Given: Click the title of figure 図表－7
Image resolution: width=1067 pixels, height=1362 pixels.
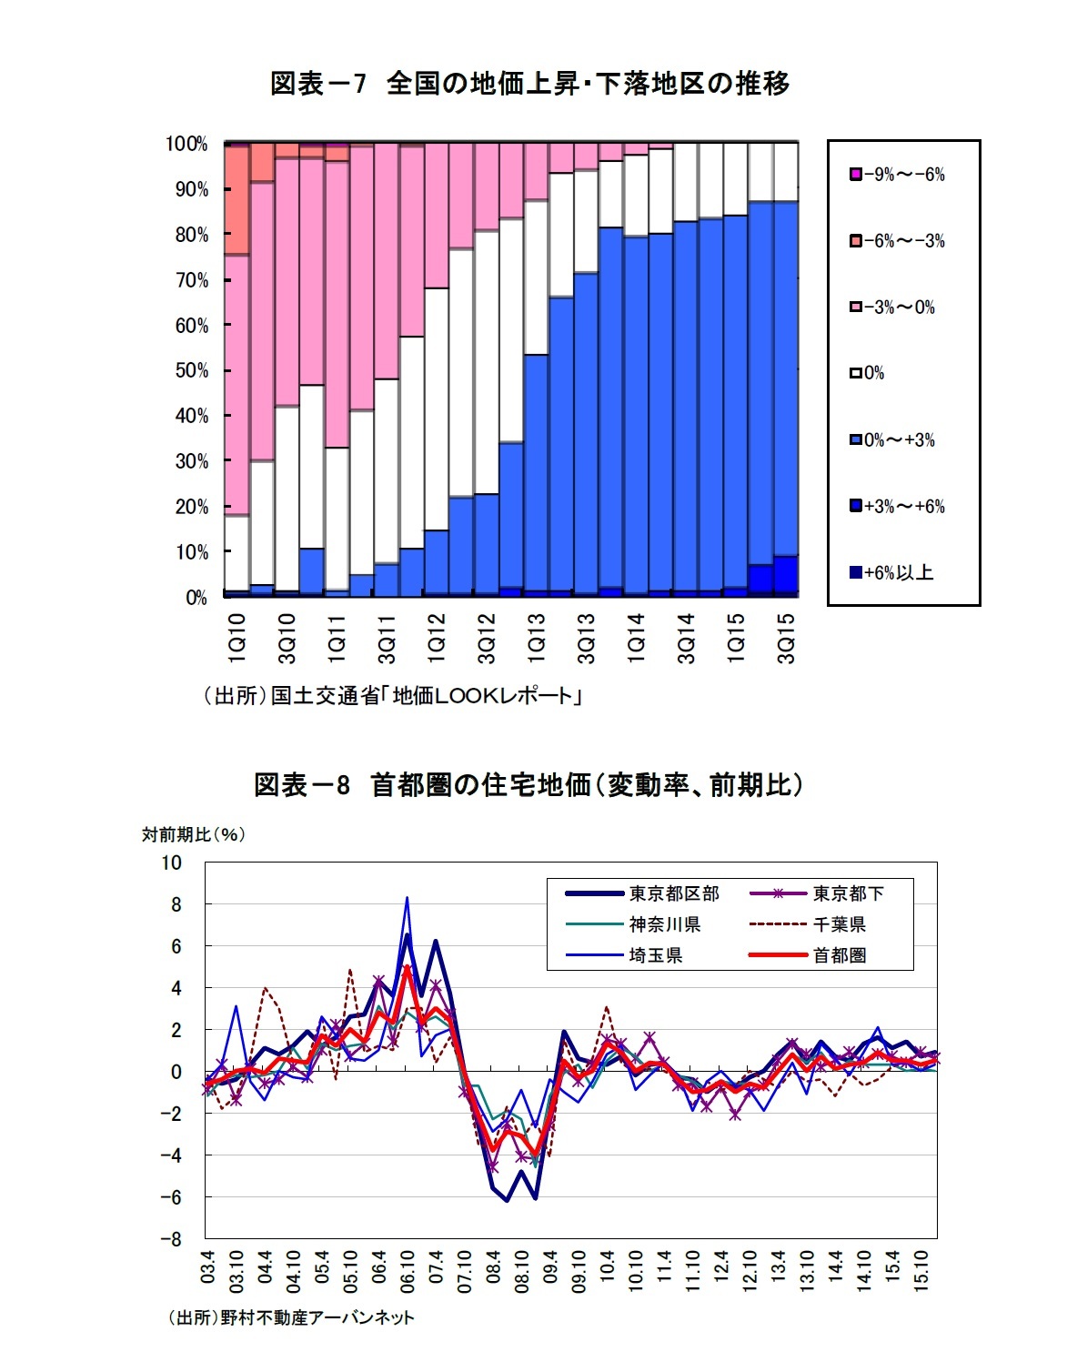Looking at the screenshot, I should pos(529,84).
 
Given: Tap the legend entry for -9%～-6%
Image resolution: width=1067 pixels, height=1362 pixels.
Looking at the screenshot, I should pos(897,175).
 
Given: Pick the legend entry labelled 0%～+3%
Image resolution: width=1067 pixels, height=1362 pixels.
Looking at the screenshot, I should pos(892,440).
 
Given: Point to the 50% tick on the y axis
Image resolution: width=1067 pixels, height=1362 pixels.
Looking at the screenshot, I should pos(192,371).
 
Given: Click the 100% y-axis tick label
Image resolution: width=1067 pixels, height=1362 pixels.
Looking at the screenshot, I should pos(186,144).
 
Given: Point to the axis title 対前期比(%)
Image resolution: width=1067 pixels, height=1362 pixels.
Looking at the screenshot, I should pos(193,834).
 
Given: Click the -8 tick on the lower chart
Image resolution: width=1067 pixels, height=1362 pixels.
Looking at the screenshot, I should pos(171,1239).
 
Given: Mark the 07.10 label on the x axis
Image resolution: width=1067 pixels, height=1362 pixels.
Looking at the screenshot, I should pos(465,1271).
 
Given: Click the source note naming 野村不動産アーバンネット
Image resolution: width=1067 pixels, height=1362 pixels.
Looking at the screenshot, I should pos(291,1317).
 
